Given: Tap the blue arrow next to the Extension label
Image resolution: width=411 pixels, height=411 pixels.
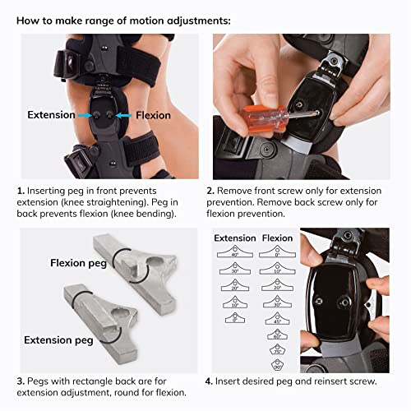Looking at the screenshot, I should coord(95,115).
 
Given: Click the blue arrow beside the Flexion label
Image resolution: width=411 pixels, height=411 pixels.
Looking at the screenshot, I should coord(124,115).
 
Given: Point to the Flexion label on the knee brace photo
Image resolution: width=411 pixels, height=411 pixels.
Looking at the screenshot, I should coord(152,115).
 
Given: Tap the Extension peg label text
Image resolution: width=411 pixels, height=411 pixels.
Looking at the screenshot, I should coord(59,339).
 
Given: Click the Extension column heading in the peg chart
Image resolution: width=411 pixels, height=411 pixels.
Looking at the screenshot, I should coord(234,238).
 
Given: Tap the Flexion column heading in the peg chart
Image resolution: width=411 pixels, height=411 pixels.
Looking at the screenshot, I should coord(276,238).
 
